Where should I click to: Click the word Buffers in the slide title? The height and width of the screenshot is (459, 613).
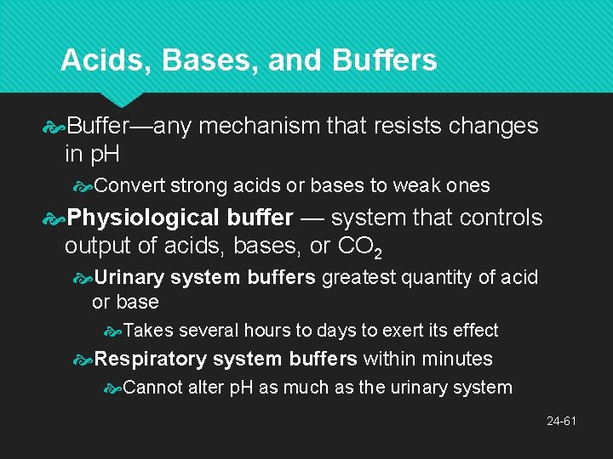[386, 60]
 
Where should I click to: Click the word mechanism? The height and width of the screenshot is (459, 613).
[259, 126]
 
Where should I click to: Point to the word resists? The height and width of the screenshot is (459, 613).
[403, 126]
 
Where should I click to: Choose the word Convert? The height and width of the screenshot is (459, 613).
[130, 185]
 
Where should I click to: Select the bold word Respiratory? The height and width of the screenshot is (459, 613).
[151, 359]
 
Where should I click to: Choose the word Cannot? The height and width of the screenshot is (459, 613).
[152, 388]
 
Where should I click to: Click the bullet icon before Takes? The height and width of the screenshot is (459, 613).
[112, 331]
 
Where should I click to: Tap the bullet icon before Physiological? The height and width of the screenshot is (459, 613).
[54, 219]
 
